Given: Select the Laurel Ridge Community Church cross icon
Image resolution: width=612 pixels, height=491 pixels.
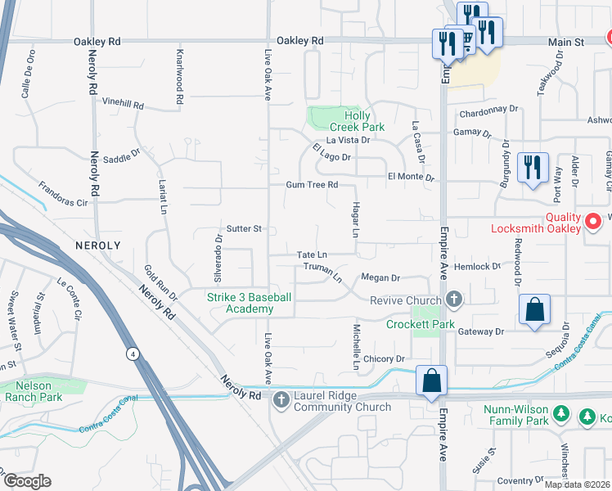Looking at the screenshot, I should tap(281, 399).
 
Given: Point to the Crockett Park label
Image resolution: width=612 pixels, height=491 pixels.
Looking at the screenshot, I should tap(421, 325).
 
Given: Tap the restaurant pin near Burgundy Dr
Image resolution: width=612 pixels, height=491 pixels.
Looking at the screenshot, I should tap(533, 168).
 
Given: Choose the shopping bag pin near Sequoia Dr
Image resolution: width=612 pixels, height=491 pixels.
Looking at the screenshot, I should tap(533, 310).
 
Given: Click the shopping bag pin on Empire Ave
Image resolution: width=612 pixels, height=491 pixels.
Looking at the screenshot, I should tap(431, 381).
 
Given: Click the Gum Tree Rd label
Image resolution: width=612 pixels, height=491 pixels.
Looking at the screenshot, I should tap(312, 185).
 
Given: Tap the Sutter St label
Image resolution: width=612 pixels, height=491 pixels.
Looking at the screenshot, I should tap(244, 229).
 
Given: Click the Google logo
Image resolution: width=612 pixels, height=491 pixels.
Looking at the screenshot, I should tap(27, 481).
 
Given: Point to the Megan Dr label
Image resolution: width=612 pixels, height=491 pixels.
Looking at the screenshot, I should tap(380, 278).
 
